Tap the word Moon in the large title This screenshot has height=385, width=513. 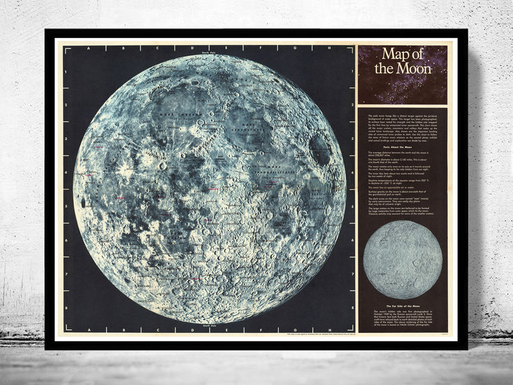[415, 67]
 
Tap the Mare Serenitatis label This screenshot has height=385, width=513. [248, 128]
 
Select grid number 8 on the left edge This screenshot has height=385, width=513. [66, 308]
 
